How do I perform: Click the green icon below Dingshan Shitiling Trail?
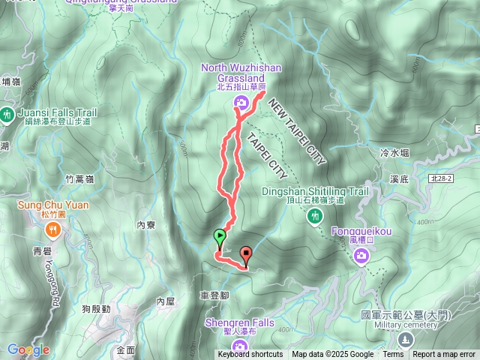pyautogui.click(x=314, y=216)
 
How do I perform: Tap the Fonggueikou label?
pyautogui.click(x=361, y=232)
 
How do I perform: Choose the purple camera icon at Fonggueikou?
pyautogui.click(x=361, y=257)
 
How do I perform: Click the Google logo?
pyautogui.click(x=28, y=349)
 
